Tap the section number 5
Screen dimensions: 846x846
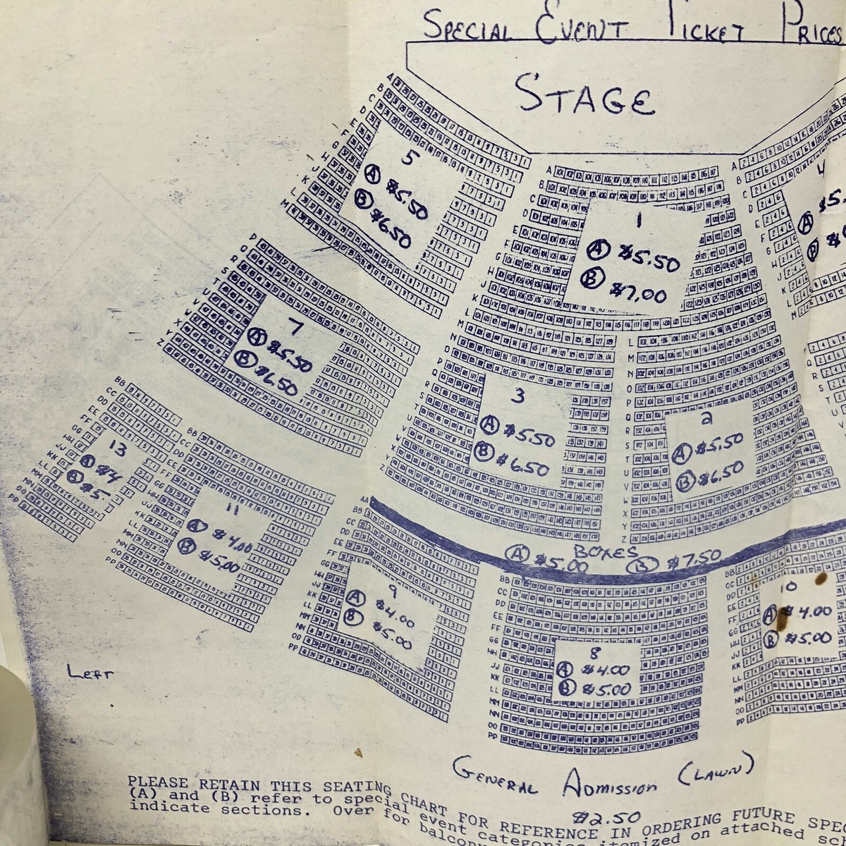click(x=407, y=158)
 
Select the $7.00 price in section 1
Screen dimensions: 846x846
click(x=638, y=290)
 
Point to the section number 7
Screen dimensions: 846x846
click(x=296, y=326)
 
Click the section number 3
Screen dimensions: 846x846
click(x=520, y=397)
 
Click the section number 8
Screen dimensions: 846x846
click(x=596, y=652)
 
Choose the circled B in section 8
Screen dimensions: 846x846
click(x=564, y=689)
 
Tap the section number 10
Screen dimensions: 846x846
click(x=790, y=586)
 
